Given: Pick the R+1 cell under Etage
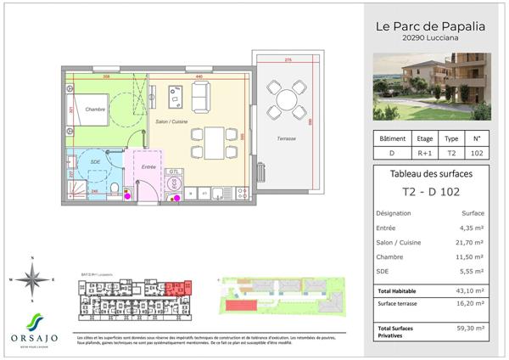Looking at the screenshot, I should click(x=424, y=153).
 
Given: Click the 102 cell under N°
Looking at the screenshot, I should click(x=476, y=153).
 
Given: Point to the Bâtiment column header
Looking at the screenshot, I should click(x=391, y=138).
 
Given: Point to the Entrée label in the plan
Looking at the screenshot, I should click(x=149, y=167).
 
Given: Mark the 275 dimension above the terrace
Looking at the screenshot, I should click(x=288, y=60).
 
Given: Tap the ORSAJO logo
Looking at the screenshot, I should click(x=33, y=327).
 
